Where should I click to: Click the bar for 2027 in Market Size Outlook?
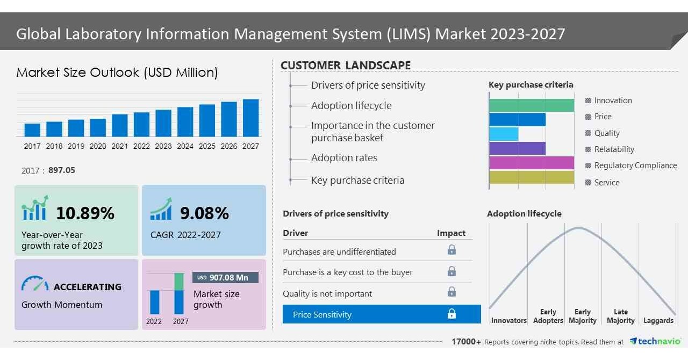pyautogui.click(x=250, y=118)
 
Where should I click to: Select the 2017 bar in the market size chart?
pyautogui.click(x=32, y=130)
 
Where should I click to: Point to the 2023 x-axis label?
pyautogui.click(x=163, y=146)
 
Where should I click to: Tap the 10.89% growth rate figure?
pyautogui.click(x=85, y=213)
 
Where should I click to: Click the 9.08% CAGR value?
pyautogui.click(x=204, y=213)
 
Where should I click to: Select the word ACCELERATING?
pyautogui.click(x=88, y=287)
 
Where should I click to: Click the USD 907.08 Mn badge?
pyautogui.click(x=225, y=277)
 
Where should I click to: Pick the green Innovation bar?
pyautogui.click(x=531, y=105)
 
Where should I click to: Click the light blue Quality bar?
pyautogui.click(x=504, y=134)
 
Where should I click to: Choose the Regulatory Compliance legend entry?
pyautogui.click(x=635, y=165)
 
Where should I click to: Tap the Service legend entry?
pyautogui.click(x=606, y=183)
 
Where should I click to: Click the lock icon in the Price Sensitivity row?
pyautogui.click(x=451, y=314)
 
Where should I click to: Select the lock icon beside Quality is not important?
pyautogui.click(x=451, y=292)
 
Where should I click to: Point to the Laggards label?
pyautogui.click(x=658, y=320)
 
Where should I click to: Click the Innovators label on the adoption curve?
pyautogui.click(x=508, y=320)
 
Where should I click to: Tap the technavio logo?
pyautogui.click(x=655, y=341)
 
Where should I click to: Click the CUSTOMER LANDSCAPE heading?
pyautogui.click(x=346, y=66)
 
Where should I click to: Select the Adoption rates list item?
pyautogui.click(x=344, y=158)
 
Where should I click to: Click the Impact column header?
pyautogui.click(x=451, y=233)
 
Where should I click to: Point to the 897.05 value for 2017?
pyautogui.click(x=62, y=170)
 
